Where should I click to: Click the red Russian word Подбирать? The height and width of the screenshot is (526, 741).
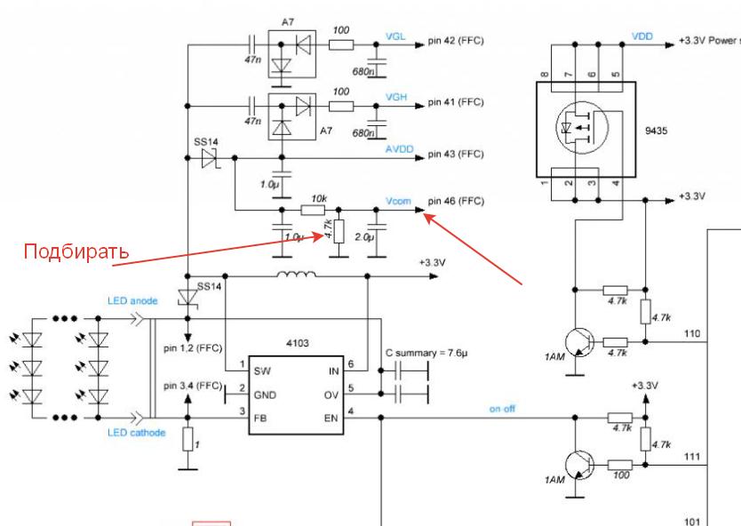coord(76,251)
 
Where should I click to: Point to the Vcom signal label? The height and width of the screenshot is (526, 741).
coord(398,201)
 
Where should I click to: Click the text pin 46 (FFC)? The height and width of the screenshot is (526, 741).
coord(456,201)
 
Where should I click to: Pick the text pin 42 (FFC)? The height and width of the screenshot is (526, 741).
coord(456,40)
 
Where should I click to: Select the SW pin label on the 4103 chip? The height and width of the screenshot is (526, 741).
coord(262,370)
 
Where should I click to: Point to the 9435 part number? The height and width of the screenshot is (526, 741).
coord(656,131)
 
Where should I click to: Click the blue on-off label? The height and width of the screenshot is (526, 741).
coord(502,409)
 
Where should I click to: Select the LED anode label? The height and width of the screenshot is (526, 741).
coord(131,300)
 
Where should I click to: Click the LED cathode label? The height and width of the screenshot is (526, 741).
coord(136,432)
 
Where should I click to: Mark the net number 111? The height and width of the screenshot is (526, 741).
coord(692,456)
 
